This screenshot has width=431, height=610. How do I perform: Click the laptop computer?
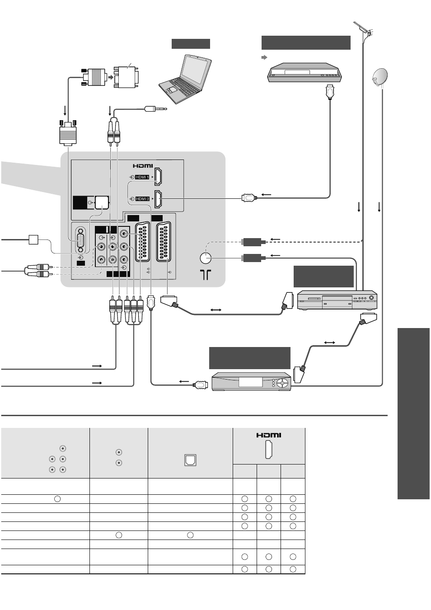coord(185,79)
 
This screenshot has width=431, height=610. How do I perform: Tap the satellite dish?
coord(379,77)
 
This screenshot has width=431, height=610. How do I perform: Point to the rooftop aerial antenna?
coord(363,31)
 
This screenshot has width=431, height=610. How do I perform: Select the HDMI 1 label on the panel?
coord(142,177)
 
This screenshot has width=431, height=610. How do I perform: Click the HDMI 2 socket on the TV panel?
coord(158,199)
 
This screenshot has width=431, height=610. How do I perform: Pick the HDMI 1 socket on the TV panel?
coord(158,177)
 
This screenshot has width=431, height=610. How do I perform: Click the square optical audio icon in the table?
coord(190,460)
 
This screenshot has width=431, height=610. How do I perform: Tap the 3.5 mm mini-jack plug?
coord(155,109)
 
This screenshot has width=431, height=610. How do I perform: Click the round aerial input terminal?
coord(205,258)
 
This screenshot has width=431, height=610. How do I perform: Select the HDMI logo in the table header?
coord(269,435)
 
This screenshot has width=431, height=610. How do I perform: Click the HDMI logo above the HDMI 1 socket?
coord(143,165)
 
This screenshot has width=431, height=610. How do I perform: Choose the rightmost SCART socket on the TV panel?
coord(164,242)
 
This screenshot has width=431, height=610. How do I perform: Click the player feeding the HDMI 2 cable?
coord(305,72)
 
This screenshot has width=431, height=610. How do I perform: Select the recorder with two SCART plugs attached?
coord(337,300)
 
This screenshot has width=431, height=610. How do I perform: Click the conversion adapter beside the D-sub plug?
coord(126,77)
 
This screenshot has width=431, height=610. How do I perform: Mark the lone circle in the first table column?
coord(57,499)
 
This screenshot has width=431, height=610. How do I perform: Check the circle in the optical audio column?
coord(190,535)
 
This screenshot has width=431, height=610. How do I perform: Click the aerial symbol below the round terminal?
coord(206,275)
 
